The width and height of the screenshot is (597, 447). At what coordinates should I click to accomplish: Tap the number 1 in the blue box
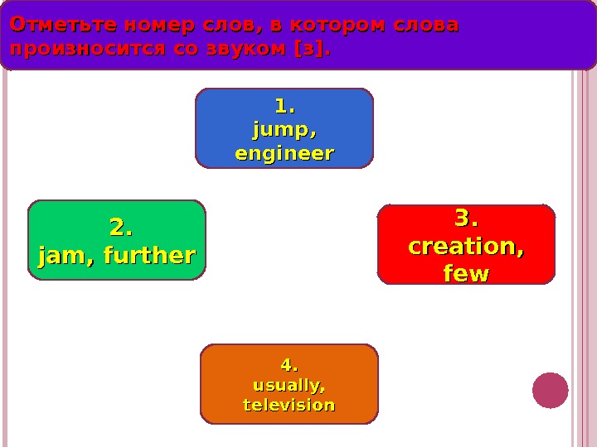click(x=283, y=107)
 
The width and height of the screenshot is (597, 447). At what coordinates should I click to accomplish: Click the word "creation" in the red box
click(x=464, y=247)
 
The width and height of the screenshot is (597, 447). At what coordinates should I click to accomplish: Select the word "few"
click(x=466, y=273)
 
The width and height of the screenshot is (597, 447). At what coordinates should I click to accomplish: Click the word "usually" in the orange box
click(x=287, y=385)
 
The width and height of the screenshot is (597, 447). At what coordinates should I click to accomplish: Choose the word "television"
click(x=289, y=405)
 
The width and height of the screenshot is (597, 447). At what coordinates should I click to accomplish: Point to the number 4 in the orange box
click(x=287, y=364)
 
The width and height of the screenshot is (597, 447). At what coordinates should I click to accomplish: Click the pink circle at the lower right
click(x=551, y=390)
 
